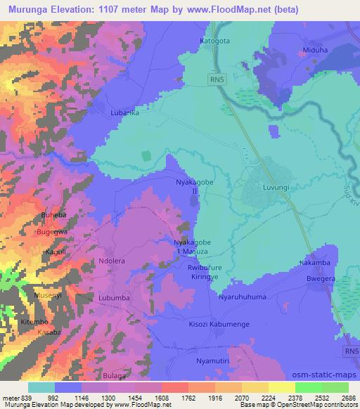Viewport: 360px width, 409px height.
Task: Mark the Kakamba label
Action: (314, 263)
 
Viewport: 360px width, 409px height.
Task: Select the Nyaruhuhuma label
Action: (243, 297)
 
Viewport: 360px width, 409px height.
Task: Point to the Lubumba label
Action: (115, 297)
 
